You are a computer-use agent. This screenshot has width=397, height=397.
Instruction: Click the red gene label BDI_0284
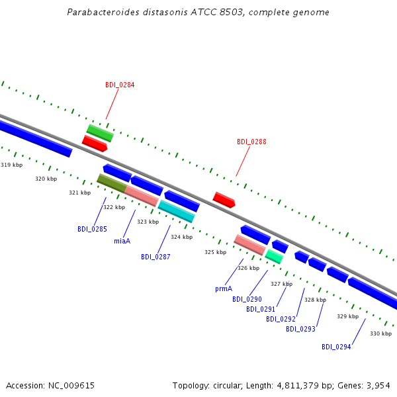click(120, 85)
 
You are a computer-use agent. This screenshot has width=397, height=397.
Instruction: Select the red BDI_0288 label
click(251, 142)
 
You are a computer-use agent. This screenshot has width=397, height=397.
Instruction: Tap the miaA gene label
click(122, 241)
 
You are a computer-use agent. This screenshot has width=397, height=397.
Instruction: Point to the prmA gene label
click(224, 288)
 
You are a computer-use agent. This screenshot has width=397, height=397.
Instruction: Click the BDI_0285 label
click(92, 229)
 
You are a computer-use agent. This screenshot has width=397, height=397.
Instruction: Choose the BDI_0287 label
click(155, 257)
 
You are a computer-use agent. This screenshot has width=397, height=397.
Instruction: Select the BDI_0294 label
click(336, 347)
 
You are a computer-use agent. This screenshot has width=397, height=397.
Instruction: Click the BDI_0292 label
click(281, 319)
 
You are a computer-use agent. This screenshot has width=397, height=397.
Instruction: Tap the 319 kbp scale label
click(12, 165)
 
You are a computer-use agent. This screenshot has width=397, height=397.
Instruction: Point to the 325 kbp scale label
click(216, 252)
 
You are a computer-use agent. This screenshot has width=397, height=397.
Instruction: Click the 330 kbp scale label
click(381, 333)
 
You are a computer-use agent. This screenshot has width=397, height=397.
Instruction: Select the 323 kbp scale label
click(148, 222)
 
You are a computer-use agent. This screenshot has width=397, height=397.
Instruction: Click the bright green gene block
click(100, 133)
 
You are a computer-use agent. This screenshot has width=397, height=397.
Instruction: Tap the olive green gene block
click(112, 183)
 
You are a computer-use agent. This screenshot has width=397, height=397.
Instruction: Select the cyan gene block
click(177, 211)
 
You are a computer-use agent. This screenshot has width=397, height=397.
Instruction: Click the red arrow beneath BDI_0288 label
click(224, 200)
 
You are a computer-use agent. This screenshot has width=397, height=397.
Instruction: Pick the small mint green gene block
click(274, 257)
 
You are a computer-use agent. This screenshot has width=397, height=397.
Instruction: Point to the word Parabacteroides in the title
click(103, 12)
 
